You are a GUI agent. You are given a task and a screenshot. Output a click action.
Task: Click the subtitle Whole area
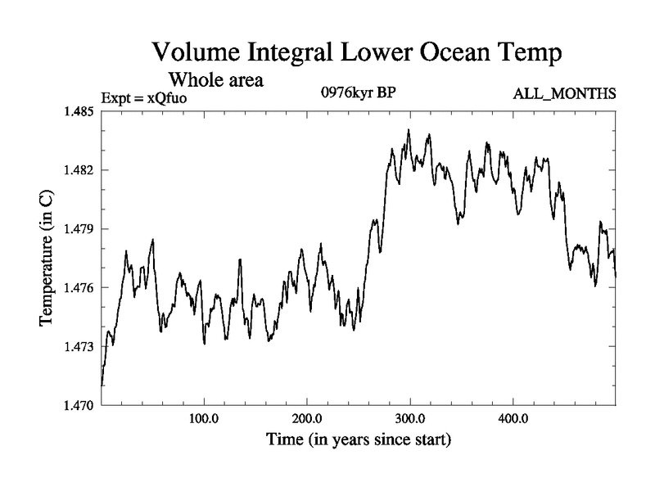(x=215, y=80)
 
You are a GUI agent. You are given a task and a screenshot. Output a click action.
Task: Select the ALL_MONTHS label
(x=564, y=94)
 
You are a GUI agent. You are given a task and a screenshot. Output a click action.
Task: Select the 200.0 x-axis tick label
(x=306, y=420)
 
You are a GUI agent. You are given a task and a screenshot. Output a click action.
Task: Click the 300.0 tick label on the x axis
(x=409, y=420)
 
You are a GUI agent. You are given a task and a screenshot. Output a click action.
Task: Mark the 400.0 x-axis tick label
(x=513, y=420)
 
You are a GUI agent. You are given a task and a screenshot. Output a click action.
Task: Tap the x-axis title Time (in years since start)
(x=359, y=441)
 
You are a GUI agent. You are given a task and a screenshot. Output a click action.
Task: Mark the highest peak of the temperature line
(x=409, y=130)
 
